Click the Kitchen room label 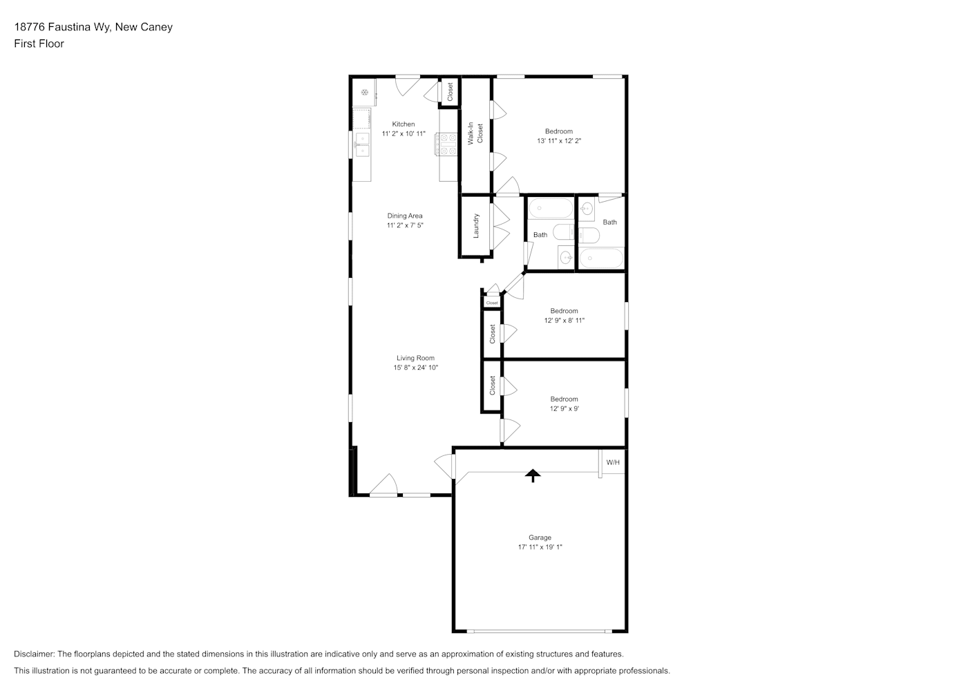click(403, 124)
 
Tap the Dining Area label click(405, 216)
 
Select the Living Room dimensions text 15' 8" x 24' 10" click(416, 368)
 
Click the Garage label click(540, 538)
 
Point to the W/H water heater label click(613, 462)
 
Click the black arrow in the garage click(533, 475)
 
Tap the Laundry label click(476, 225)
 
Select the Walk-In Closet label click(475, 133)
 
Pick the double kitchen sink click(363, 145)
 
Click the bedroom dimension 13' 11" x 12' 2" click(559, 141)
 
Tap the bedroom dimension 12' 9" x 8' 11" click(565, 320)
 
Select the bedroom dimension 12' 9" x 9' click(565, 408)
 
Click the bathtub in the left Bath click(551, 209)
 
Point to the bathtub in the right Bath click(601, 258)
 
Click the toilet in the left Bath click(564, 231)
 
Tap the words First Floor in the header click(39, 44)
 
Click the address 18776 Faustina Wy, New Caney click(93, 27)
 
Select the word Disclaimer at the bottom click(35, 654)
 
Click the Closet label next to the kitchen click(450, 92)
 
